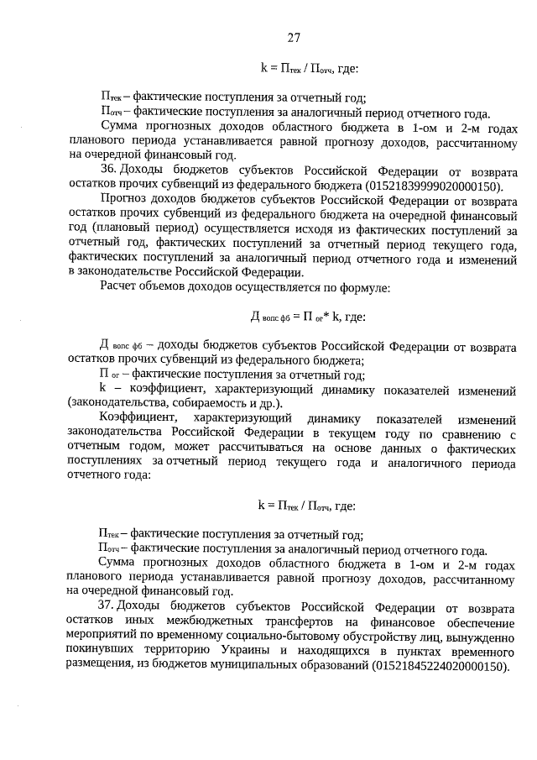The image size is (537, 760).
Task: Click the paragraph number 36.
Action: [x=107, y=171]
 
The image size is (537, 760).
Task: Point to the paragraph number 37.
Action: [x=107, y=606]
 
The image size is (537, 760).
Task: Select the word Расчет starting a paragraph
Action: [x=120, y=287]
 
